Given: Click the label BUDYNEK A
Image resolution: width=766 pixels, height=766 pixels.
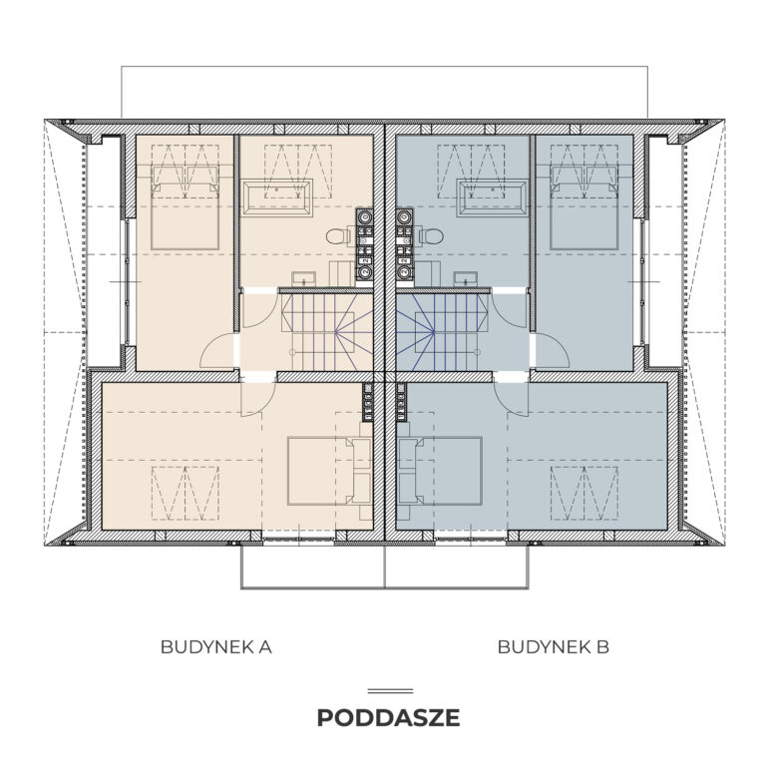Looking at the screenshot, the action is click(215, 647).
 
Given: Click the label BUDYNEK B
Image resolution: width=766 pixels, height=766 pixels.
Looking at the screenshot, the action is click(553, 647).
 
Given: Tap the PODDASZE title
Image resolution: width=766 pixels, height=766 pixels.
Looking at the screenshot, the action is click(388, 718).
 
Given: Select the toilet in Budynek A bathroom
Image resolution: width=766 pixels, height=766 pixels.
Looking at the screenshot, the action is click(338, 237).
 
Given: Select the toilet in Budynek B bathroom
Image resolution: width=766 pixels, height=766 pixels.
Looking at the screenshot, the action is click(431, 237).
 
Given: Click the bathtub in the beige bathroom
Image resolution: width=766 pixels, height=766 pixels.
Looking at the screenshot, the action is click(278, 196).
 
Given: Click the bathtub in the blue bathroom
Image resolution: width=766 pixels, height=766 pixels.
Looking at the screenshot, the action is click(492, 197).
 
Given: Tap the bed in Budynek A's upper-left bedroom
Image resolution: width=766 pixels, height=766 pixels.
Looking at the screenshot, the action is click(185, 207).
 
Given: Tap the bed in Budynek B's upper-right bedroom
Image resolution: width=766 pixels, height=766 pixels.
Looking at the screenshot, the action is click(584, 207).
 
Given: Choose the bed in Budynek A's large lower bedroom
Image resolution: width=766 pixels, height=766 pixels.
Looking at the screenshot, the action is click(329, 471).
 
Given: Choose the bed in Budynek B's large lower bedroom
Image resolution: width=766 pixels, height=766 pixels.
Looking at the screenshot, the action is click(440, 471).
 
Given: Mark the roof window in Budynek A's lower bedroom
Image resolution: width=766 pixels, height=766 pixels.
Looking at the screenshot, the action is click(186, 494).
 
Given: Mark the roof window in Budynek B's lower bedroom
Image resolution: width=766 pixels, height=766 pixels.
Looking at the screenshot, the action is click(584, 494).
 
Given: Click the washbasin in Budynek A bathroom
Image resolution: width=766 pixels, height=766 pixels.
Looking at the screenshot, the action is click(304, 279).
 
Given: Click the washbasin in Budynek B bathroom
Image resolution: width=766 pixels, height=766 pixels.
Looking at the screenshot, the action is click(466, 279).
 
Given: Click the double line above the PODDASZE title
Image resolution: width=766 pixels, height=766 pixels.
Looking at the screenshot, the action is click(390, 691).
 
